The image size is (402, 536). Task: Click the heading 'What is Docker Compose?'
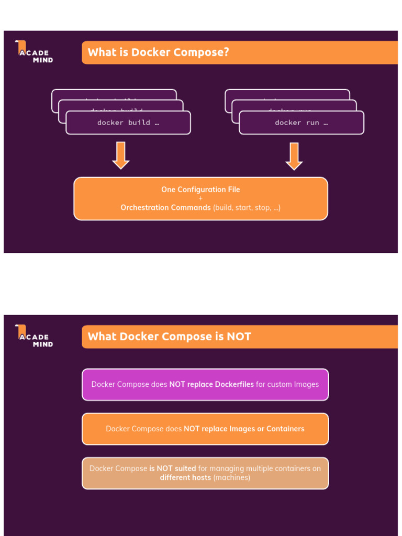point(158,52)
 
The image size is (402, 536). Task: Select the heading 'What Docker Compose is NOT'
point(169,337)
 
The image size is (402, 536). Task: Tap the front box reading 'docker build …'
point(128,123)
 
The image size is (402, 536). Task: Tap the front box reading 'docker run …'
point(301,123)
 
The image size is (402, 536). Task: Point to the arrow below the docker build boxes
point(121,155)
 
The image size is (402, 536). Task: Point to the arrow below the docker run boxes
point(294,156)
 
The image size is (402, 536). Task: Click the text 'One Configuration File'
point(200,189)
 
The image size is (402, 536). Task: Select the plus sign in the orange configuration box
point(200,198)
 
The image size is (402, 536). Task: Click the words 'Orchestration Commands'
point(165,208)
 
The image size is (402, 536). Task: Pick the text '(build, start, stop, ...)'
point(247,208)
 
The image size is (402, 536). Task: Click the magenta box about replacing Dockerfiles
point(205,385)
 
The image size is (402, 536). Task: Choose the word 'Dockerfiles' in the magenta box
point(232,385)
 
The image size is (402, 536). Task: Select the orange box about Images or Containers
point(205,429)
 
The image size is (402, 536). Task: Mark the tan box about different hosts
point(205,473)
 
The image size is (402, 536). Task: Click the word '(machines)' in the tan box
point(232,478)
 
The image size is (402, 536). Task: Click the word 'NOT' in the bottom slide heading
point(239,337)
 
